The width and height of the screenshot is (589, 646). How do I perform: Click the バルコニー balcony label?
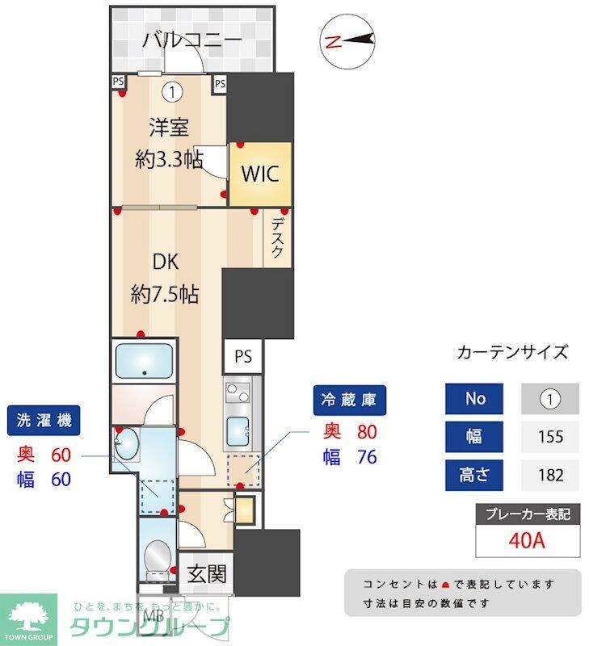tap(192, 40)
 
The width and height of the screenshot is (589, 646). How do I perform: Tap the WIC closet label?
tap(259, 174)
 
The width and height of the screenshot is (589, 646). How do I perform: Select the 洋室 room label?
tap(168, 127)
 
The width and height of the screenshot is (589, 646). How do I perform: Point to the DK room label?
tap(166, 262)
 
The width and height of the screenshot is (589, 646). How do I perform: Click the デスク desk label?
tap(277, 238)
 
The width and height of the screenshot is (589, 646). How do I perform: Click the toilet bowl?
tap(158, 556)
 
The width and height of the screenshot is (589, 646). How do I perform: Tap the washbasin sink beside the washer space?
tap(127, 444)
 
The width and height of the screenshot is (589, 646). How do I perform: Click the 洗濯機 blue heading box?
tap(44, 420)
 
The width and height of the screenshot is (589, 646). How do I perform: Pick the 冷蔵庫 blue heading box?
tap(350, 399)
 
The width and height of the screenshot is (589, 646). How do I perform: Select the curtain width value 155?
tap(550, 437)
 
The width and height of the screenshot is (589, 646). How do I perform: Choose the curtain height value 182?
tap(550, 474)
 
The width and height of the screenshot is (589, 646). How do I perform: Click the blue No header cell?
tap(474, 399)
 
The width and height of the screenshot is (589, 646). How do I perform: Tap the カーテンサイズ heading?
tap(512, 352)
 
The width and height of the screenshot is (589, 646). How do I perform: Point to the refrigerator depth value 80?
tap(367, 432)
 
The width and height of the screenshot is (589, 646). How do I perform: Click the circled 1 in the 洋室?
tap(171, 92)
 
